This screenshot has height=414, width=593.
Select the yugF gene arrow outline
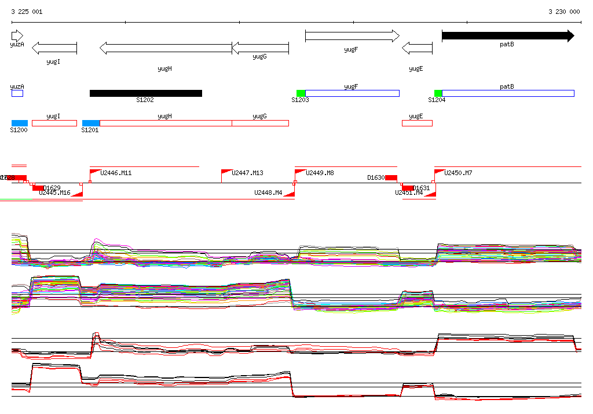[352, 36]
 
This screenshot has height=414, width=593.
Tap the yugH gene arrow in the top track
[166, 48]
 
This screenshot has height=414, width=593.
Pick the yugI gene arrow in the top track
[54, 48]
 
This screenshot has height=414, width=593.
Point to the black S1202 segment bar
[146, 93]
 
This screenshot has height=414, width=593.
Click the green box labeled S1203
[301, 93]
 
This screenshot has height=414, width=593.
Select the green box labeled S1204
[438, 93]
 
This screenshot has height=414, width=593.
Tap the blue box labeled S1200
[20, 123]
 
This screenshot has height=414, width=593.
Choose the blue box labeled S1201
[91, 123]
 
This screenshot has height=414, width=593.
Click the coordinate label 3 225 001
[26, 12]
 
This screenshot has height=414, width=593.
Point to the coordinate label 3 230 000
[564, 12]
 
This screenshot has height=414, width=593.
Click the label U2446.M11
[116, 173]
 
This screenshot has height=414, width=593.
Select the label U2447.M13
[247, 173]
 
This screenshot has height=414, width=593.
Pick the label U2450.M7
[458, 173]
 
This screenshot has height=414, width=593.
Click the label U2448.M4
[268, 193]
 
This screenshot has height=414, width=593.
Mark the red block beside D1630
[391, 177]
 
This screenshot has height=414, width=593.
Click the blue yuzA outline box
[17, 93]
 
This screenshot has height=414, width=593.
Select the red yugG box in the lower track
[260, 123]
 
